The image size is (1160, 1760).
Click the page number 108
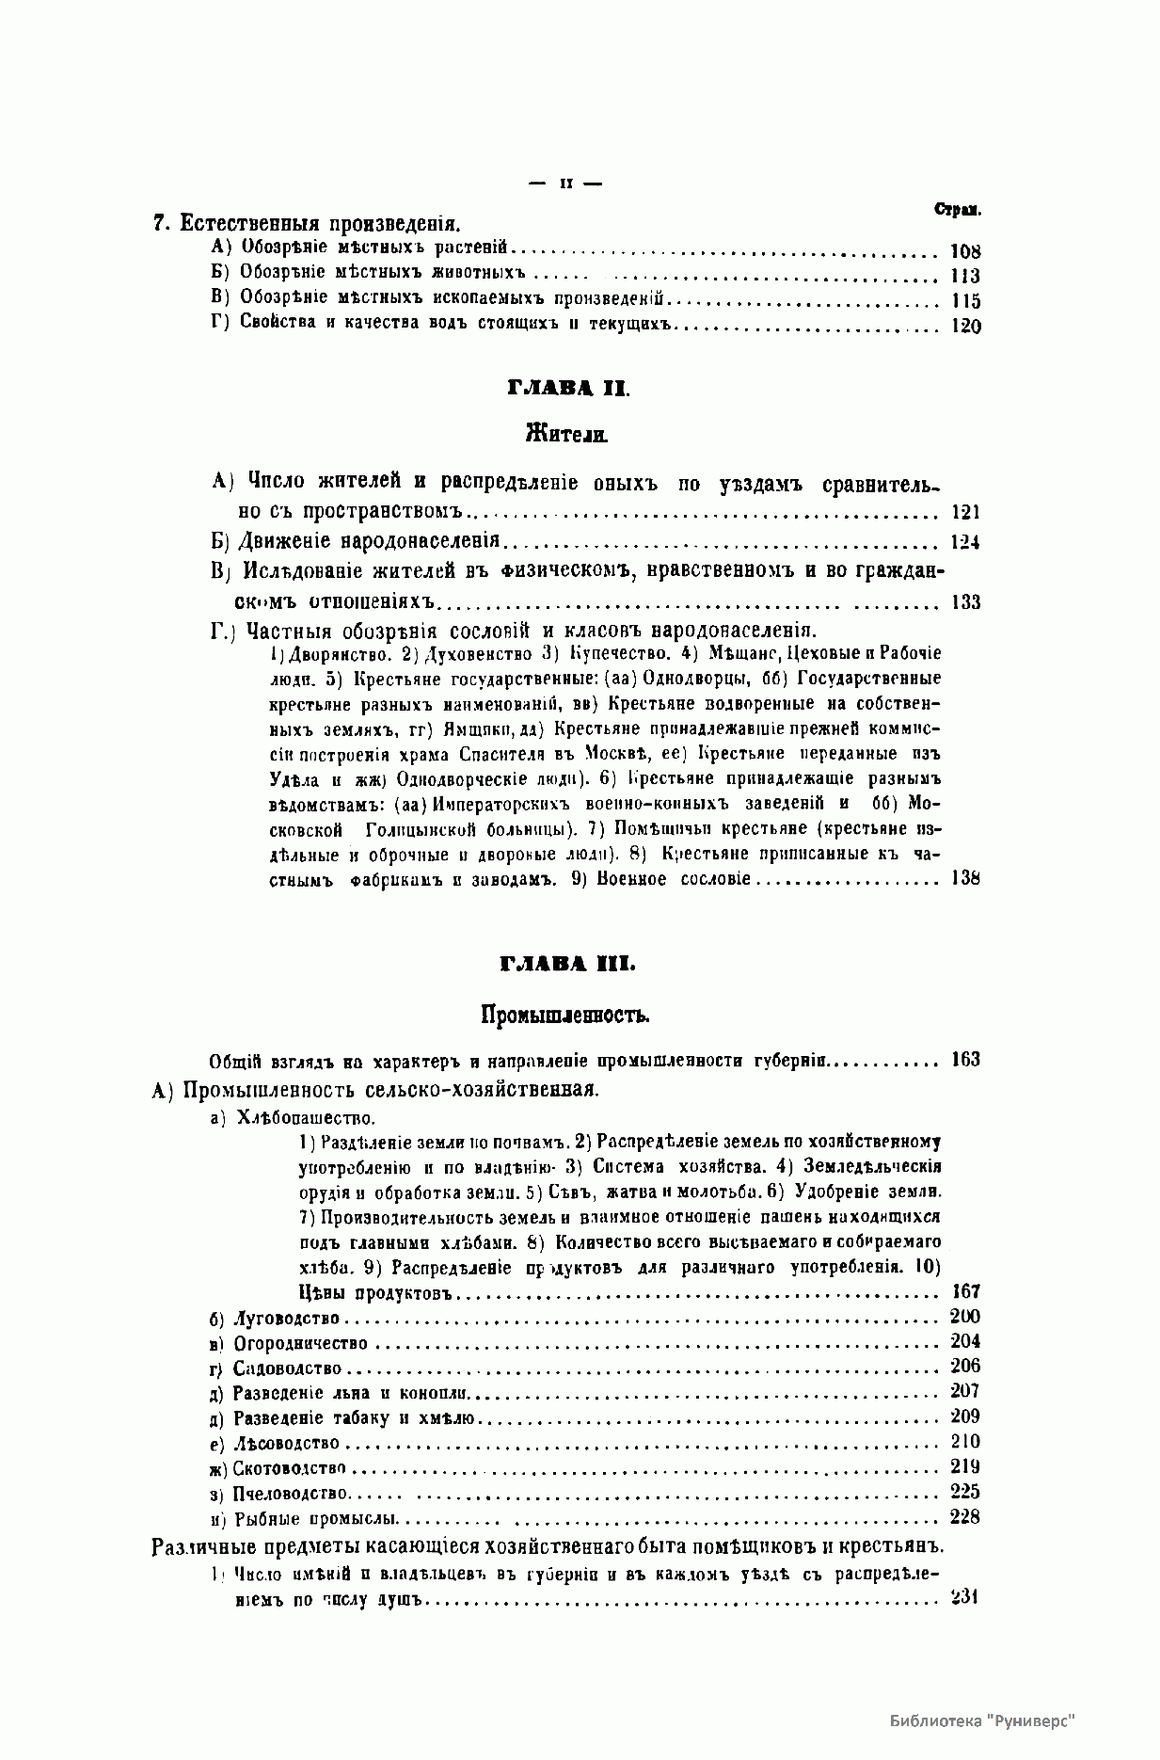pyautogui.click(x=965, y=251)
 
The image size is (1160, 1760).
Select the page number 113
pyautogui.click(x=965, y=276)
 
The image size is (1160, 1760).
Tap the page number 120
pyautogui.click(x=965, y=327)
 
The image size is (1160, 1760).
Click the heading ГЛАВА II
pyautogui.click(x=567, y=389)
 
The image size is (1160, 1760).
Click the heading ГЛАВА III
pyautogui.click(x=567, y=965)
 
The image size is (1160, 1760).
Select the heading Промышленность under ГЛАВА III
pyautogui.click(x=566, y=1015)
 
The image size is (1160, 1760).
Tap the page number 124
pyautogui.click(x=965, y=543)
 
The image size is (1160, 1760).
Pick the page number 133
pyautogui.click(x=965, y=602)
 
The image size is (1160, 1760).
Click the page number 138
pyautogui.click(x=965, y=878)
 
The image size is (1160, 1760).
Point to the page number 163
pyautogui.click(x=965, y=1060)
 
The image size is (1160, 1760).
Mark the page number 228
pyautogui.click(x=965, y=1516)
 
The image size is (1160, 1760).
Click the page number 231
pyautogui.click(x=965, y=1596)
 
